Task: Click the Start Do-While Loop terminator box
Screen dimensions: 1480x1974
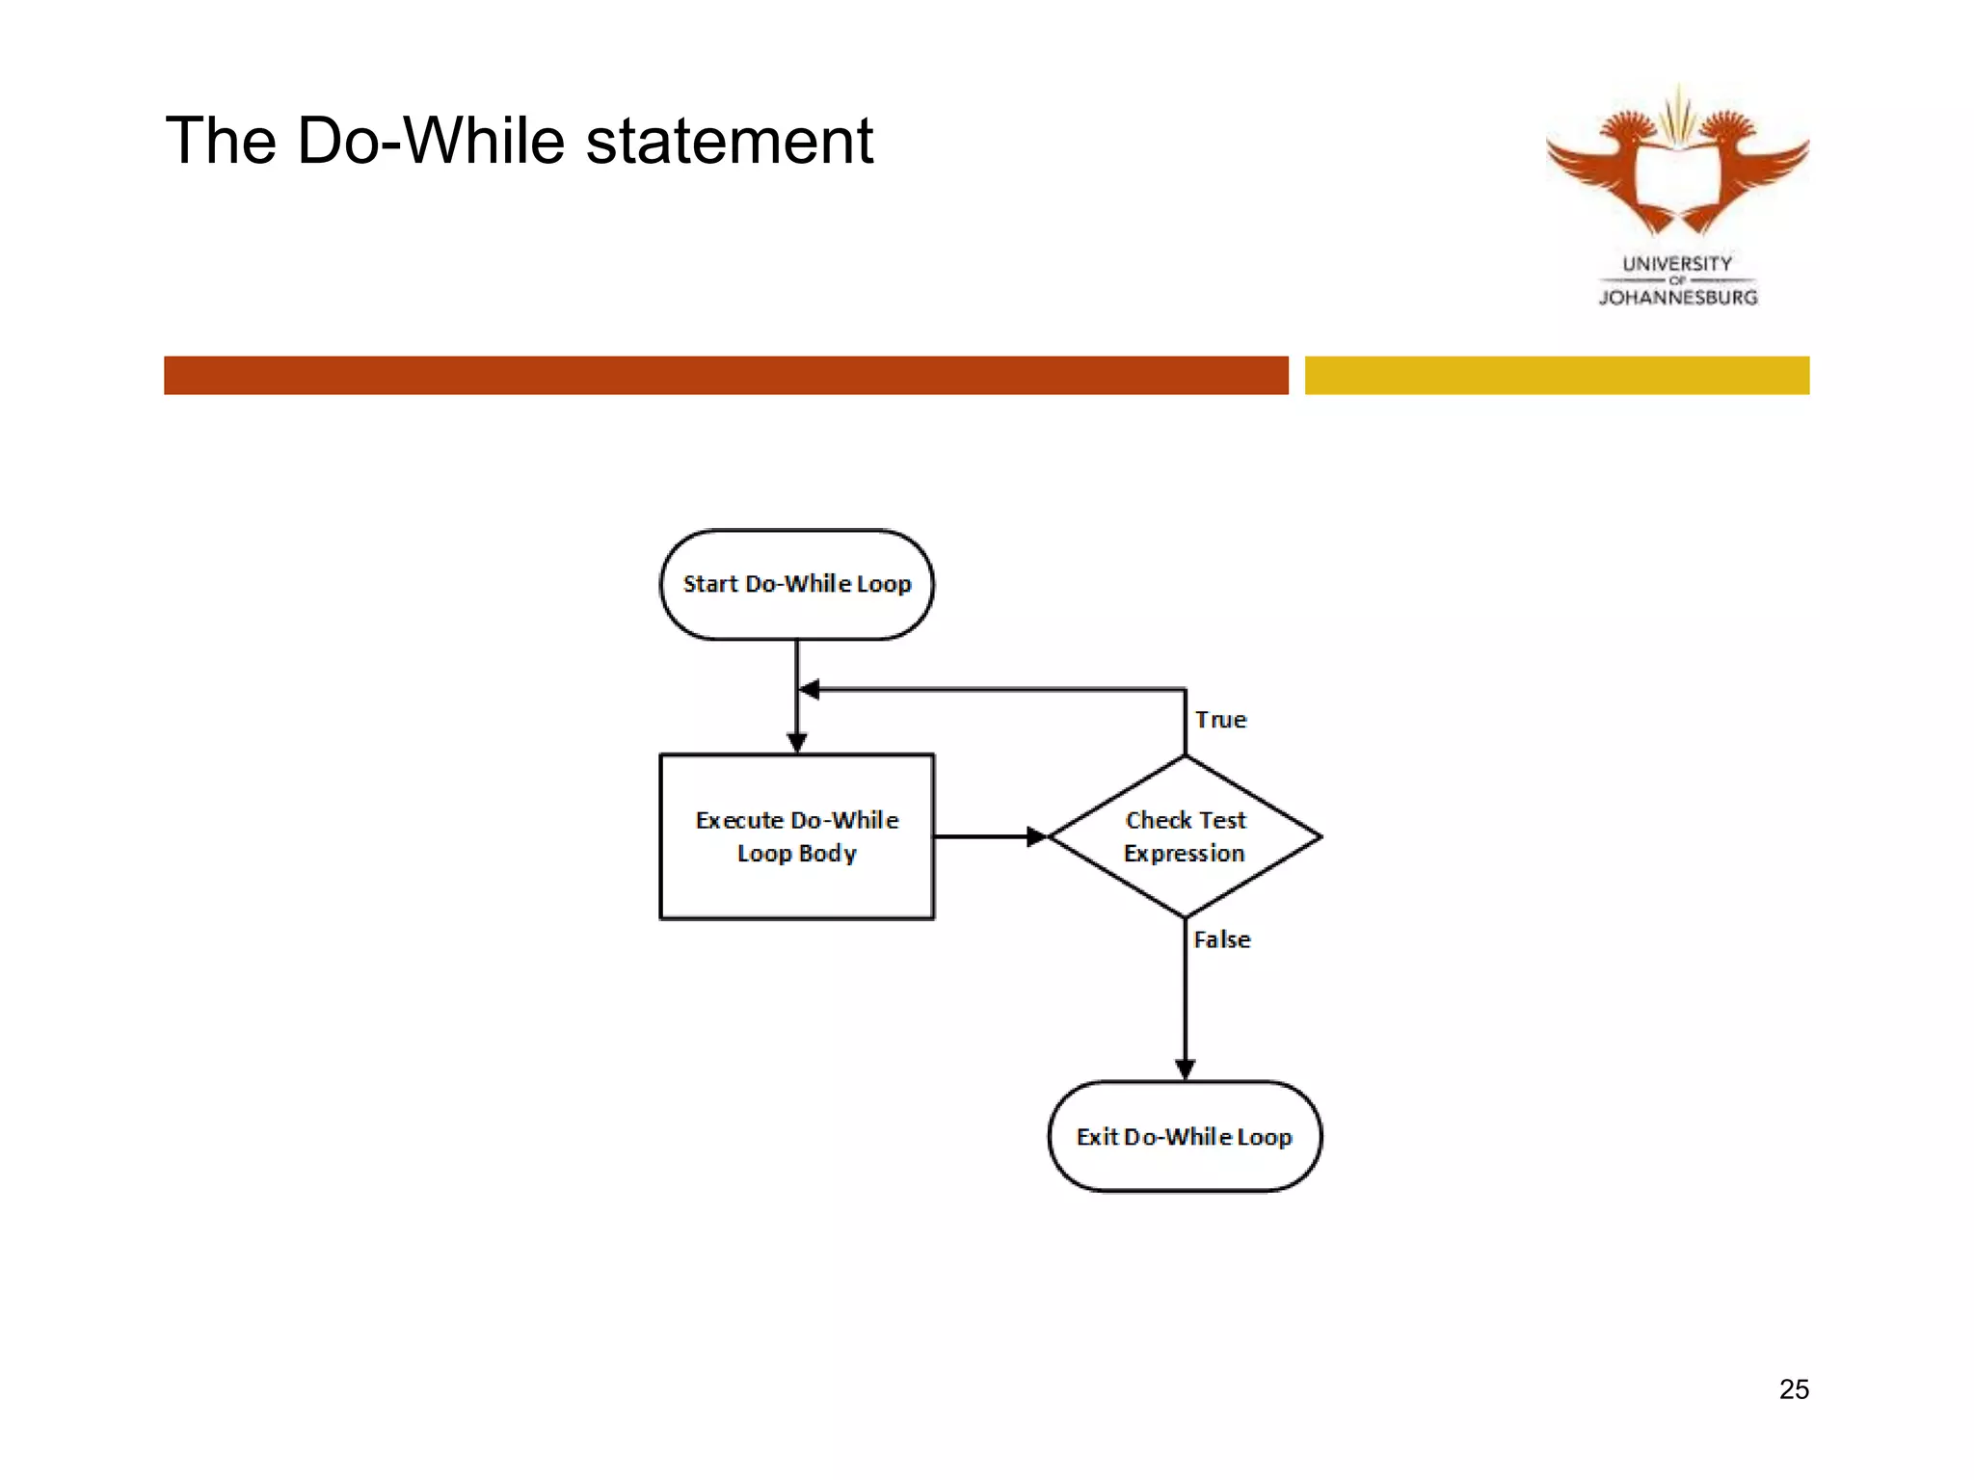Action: tap(796, 584)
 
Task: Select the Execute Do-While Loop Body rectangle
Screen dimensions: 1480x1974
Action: tap(796, 836)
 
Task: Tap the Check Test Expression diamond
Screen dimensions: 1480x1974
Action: tap(1185, 836)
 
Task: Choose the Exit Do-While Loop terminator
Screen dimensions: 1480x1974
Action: tap(1185, 1136)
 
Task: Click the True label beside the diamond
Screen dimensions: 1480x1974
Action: tap(1220, 720)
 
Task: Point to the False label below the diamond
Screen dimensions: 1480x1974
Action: tap(1221, 939)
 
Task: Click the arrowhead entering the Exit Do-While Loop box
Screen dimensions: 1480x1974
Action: tap(1185, 1069)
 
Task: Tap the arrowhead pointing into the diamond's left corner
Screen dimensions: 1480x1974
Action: tap(1036, 836)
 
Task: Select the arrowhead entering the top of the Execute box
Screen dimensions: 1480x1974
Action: tap(796, 742)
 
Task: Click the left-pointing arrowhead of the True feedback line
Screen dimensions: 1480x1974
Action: tap(810, 689)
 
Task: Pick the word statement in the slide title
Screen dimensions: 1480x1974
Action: tap(729, 141)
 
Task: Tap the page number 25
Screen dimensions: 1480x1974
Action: tap(1794, 1388)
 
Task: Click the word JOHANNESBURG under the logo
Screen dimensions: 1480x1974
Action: tap(1678, 298)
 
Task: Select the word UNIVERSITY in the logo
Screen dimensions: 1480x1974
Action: tap(1677, 263)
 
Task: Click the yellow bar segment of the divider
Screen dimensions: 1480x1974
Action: tap(1557, 375)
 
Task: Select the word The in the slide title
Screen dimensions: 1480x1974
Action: tap(221, 141)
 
